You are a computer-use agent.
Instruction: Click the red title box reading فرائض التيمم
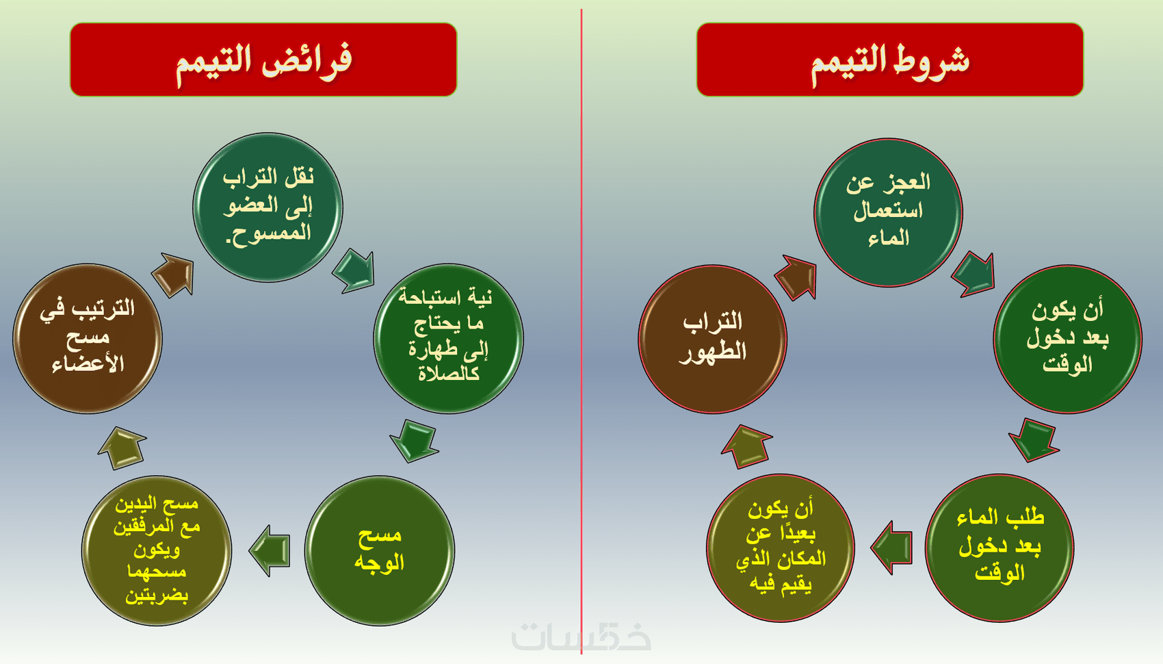click(x=263, y=60)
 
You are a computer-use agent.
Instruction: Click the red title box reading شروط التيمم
click(x=890, y=60)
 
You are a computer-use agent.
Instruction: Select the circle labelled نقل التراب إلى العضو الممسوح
click(x=268, y=207)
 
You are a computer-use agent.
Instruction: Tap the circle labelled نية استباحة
click(x=449, y=339)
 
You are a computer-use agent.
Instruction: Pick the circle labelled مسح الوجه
click(x=380, y=551)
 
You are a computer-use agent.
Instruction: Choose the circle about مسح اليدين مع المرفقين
click(x=157, y=551)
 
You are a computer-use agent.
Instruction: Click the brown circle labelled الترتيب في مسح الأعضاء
click(x=88, y=339)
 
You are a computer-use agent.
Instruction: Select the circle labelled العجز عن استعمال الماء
click(x=889, y=212)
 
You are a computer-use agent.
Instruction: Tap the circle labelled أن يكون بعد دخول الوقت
click(x=1067, y=340)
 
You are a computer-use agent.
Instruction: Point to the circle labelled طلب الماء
click(x=999, y=548)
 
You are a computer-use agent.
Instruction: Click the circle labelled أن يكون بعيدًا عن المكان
click(x=781, y=548)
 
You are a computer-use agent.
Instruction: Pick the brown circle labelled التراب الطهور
click(x=713, y=340)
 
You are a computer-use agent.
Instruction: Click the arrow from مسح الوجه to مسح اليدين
click(x=270, y=551)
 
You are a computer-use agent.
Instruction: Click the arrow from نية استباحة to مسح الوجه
click(x=415, y=441)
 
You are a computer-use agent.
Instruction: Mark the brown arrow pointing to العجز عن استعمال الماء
click(x=796, y=277)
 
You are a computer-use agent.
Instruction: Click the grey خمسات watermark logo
click(x=581, y=637)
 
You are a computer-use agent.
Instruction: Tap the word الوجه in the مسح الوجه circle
click(x=380, y=563)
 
